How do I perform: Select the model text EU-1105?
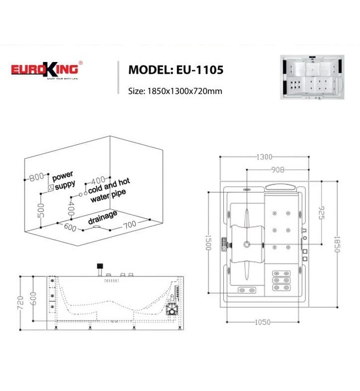(x=201, y=70)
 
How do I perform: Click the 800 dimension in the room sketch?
(x=36, y=177)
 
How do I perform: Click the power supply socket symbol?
(x=52, y=188)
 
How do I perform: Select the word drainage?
(x=103, y=217)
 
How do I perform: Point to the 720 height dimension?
(x=20, y=301)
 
